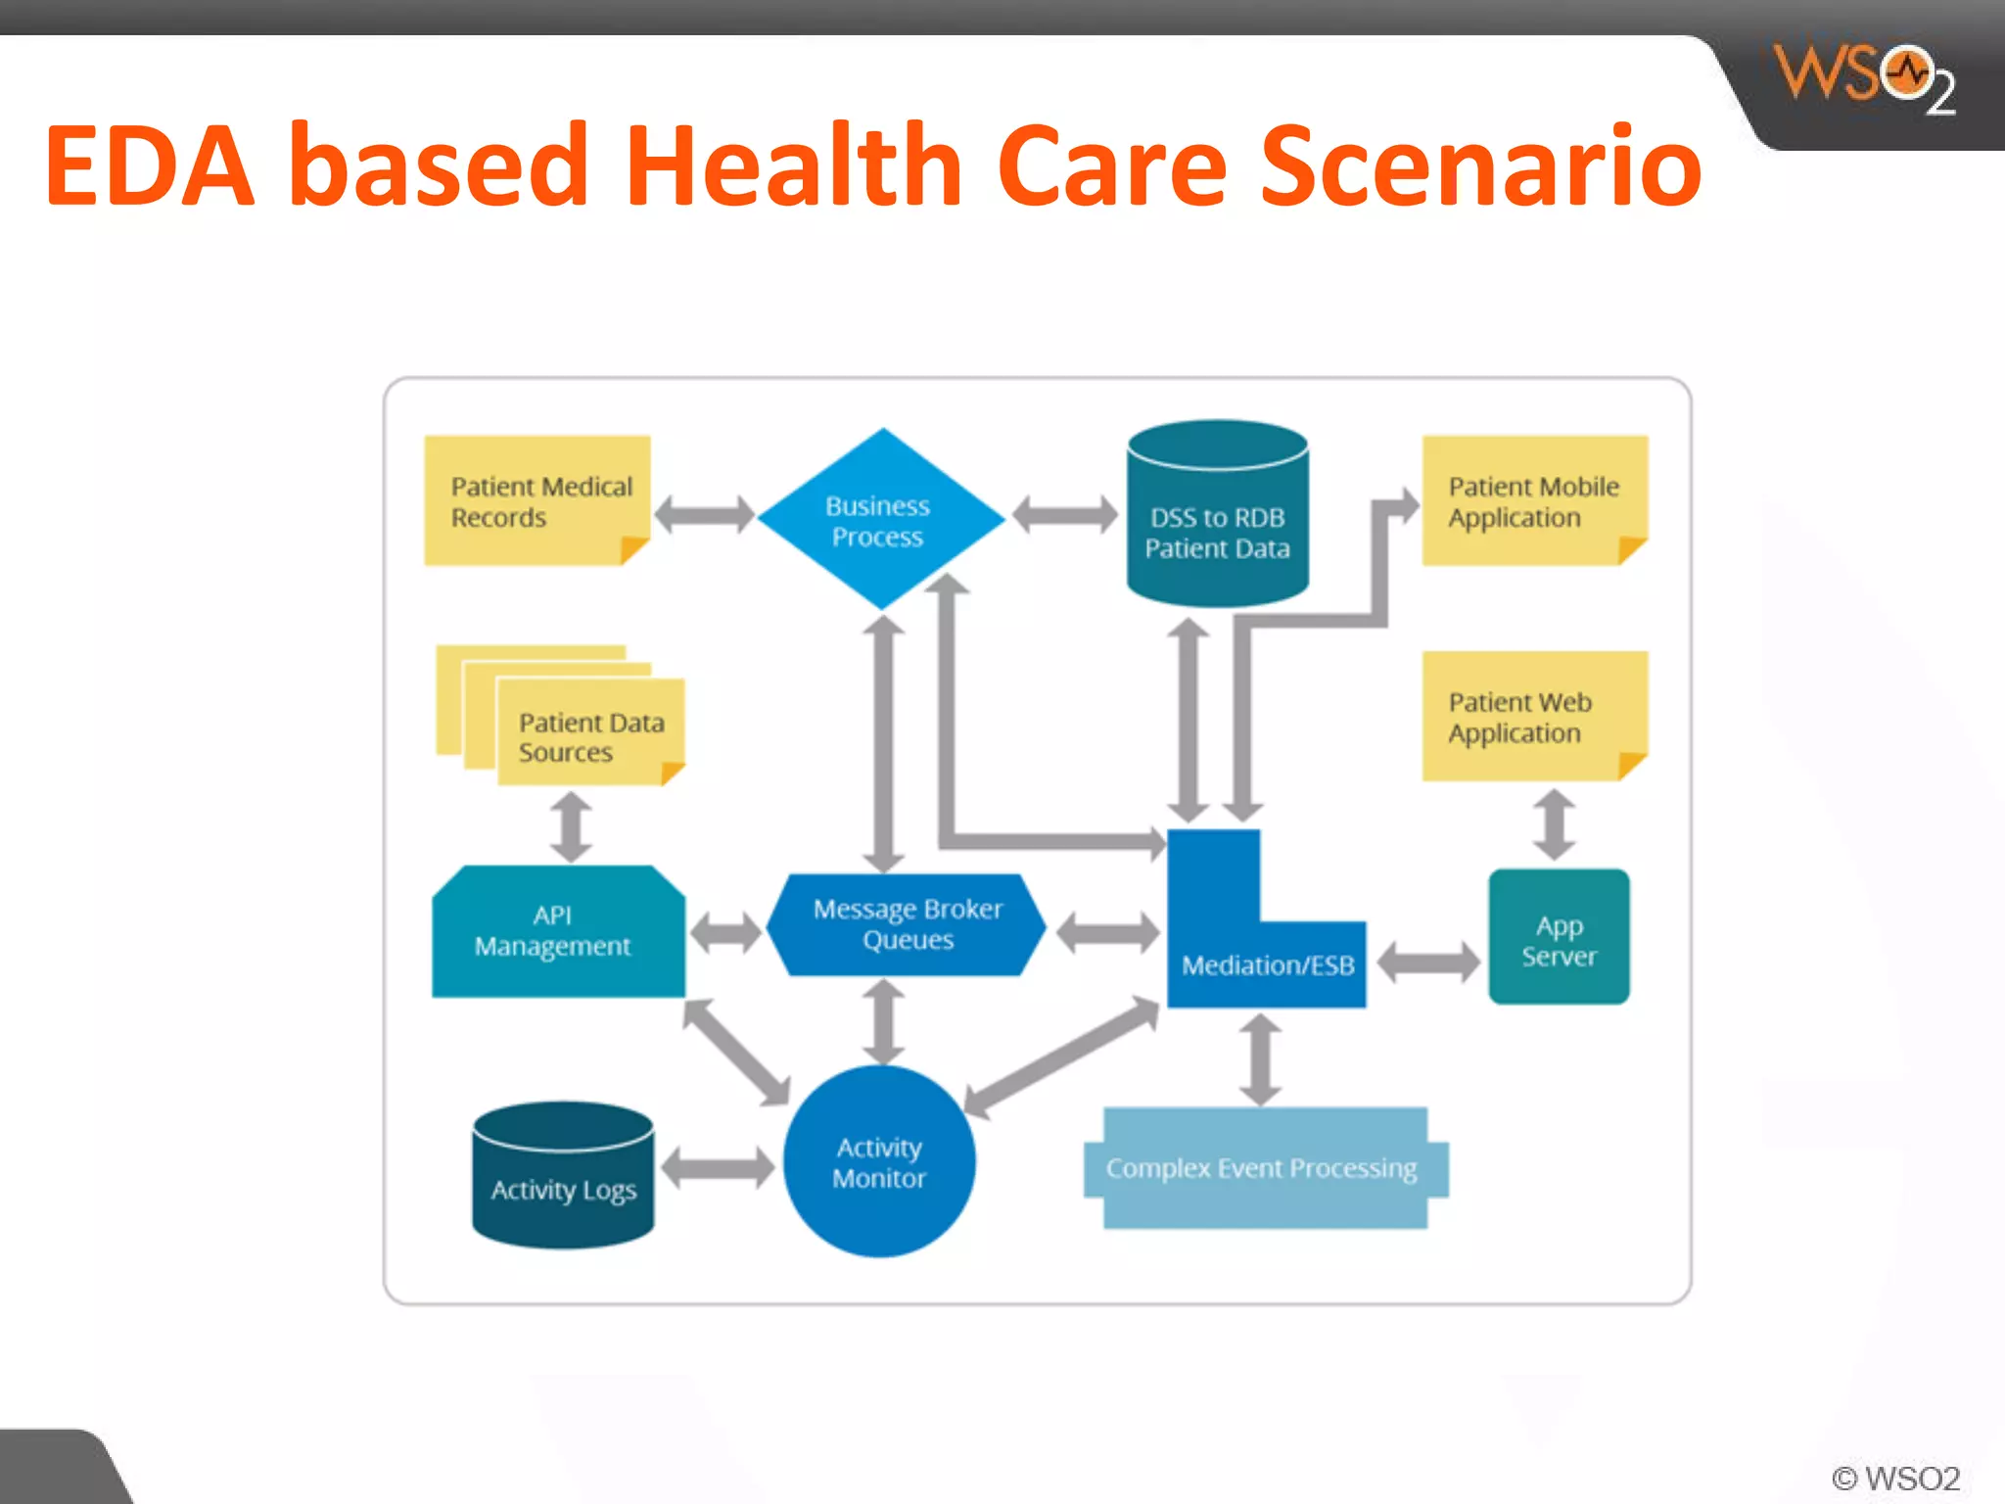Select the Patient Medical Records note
click(536, 501)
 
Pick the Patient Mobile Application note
click(1533, 501)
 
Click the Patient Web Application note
click(1533, 717)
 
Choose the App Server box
click(1559, 938)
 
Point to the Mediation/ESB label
click(1268, 965)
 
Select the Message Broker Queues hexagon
click(907, 924)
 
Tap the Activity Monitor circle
click(879, 1161)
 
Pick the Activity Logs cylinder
click(563, 1179)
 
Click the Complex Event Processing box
click(1263, 1168)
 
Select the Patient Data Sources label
click(590, 737)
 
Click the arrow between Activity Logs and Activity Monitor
click(718, 1167)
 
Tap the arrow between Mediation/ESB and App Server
click(1428, 963)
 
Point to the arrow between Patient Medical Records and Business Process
click(704, 514)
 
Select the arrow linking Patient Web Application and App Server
click(1554, 824)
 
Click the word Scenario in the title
click(1480, 166)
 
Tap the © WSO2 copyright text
click(1895, 1478)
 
